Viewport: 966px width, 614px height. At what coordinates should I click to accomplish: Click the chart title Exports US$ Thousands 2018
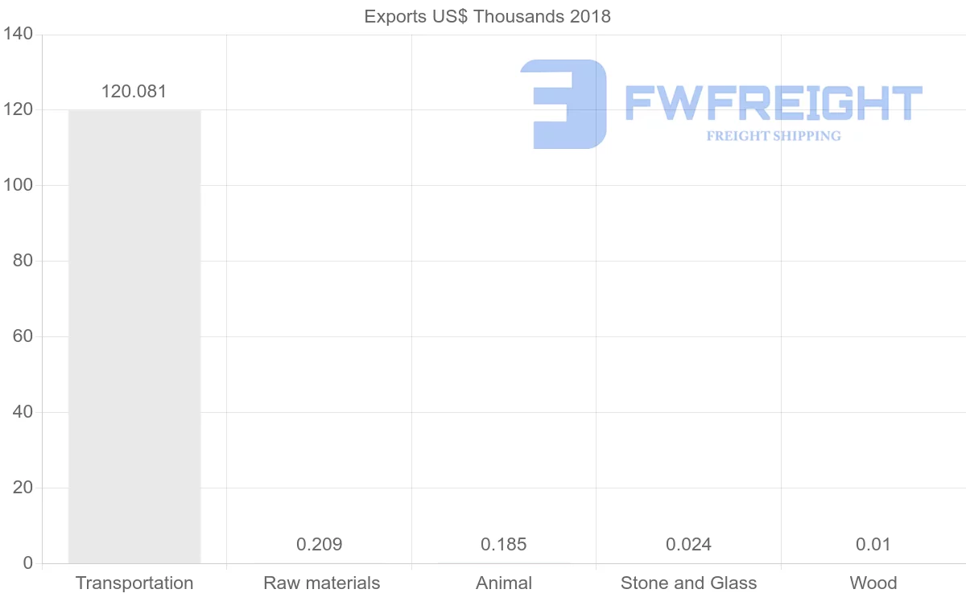(487, 16)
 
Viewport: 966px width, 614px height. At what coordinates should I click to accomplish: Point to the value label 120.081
(134, 92)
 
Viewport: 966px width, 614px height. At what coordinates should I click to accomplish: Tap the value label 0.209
(319, 545)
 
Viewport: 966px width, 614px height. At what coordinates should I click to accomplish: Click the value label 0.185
(504, 545)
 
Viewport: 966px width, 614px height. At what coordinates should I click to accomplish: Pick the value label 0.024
(688, 545)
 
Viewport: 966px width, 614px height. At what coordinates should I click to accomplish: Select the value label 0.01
(873, 545)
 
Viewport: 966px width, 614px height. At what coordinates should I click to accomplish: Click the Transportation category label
(134, 583)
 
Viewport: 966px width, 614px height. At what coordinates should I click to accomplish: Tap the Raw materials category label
(321, 583)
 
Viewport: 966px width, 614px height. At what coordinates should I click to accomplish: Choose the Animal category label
(504, 583)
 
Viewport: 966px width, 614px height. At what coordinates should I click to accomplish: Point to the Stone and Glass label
(688, 583)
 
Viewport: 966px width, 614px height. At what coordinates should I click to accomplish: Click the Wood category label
(873, 583)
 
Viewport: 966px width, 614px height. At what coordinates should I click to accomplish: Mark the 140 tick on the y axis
(18, 35)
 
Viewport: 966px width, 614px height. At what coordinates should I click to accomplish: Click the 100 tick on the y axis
(18, 185)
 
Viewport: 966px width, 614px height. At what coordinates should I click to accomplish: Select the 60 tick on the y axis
(23, 336)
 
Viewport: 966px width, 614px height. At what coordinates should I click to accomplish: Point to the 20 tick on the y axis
(23, 488)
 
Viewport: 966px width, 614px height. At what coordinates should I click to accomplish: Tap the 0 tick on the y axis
(28, 563)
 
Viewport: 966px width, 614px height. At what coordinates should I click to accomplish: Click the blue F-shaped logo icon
(564, 104)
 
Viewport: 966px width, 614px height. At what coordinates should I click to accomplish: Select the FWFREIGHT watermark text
(773, 103)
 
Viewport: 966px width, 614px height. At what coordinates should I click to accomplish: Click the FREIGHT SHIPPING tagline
(774, 136)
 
